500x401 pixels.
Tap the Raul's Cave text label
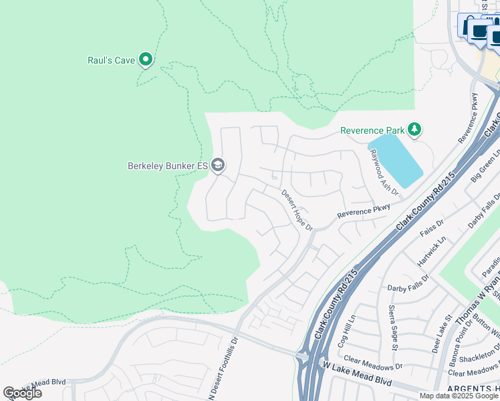click(x=112, y=60)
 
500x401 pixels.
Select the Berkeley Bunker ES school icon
click(x=217, y=164)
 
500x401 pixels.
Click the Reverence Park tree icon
click(x=414, y=129)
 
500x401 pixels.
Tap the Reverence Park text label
click(x=372, y=130)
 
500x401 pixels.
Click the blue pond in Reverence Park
click(x=395, y=161)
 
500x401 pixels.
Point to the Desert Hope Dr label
click(x=297, y=210)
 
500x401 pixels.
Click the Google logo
click(x=22, y=393)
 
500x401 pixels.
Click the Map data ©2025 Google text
click(x=459, y=396)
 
